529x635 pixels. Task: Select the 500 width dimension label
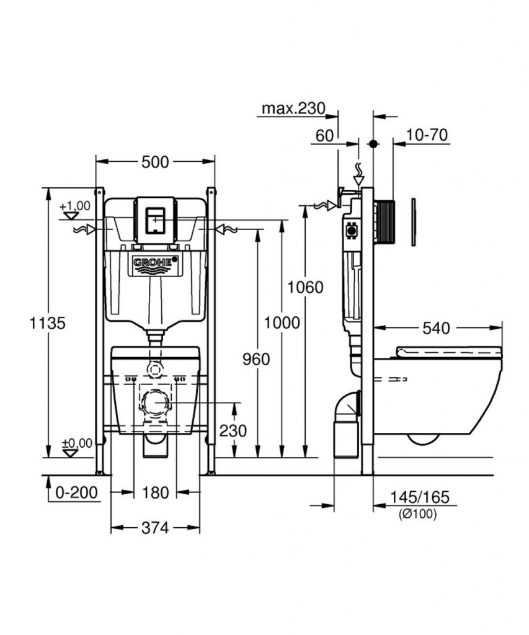155,162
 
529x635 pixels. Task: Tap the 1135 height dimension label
48,323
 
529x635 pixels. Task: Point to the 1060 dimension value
305,287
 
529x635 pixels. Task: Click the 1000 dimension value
282,322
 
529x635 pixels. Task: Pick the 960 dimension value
256,359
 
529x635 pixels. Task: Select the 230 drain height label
233,431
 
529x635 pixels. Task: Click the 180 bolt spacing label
155,493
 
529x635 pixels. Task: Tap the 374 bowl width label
155,528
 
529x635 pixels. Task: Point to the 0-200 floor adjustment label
76,492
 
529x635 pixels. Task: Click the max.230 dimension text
294,108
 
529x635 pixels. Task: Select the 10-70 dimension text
427,135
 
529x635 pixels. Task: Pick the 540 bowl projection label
436,329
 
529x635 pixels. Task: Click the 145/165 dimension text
420,497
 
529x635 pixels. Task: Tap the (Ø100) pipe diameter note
417,514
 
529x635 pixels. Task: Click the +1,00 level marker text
75,206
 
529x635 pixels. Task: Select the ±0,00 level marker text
77,443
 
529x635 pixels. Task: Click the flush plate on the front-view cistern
156,220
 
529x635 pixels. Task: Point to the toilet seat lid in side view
449,352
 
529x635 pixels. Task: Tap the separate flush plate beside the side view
413,222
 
